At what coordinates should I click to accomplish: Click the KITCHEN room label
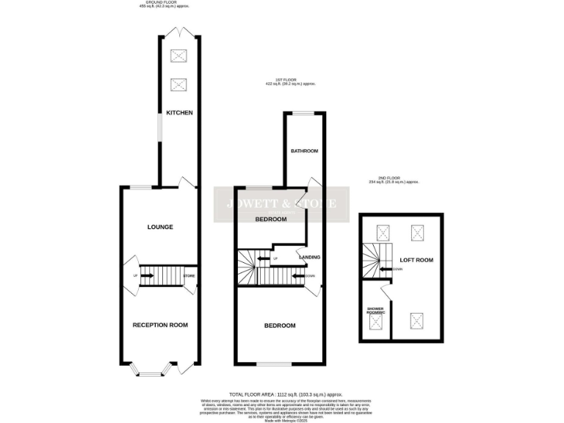[x=179, y=112]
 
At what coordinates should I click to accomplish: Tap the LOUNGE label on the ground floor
[x=160, y=227]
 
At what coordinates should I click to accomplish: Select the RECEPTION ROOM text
[x=160, y=325]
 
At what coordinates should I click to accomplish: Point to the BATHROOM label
[x=304, y=151]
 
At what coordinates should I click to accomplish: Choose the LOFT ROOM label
[x=416, y=260]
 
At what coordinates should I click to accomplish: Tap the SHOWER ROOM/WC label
[x=375, y=311]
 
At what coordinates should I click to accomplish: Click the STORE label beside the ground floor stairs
[x=189, y=276]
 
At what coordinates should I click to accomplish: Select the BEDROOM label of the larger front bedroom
[x=280, y=325]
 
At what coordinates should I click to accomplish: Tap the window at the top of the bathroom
[x=304, y=112]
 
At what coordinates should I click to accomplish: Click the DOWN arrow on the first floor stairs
[x=299, y=276]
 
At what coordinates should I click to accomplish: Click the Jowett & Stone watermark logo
[x=281, y=204]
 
